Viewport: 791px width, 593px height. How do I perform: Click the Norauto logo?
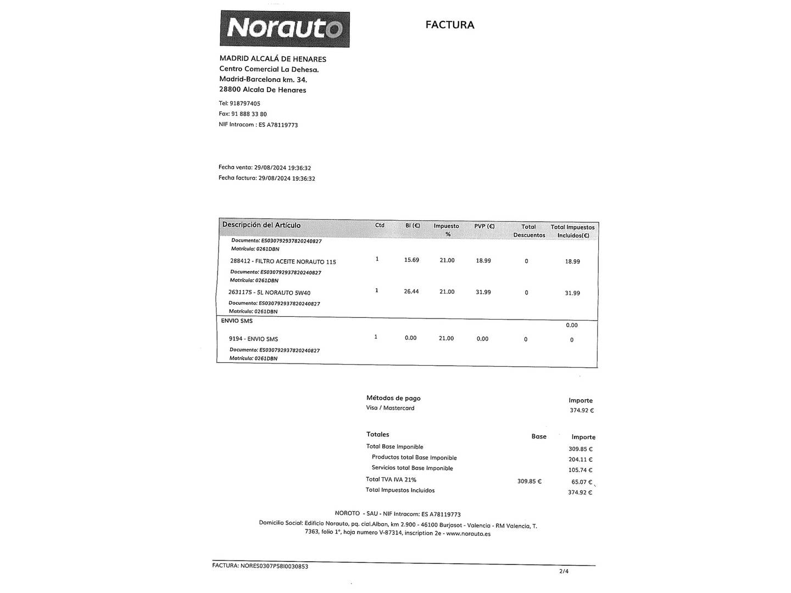tap(285, 29)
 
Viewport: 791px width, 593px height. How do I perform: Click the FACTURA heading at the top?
tap(449, 25)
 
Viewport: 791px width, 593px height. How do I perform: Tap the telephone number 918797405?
tap(245, 103)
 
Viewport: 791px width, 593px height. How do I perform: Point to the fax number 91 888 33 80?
tap(249, 114)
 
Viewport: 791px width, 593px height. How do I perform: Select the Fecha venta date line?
tap(265, 167)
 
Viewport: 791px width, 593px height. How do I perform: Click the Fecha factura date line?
tap(267, 178)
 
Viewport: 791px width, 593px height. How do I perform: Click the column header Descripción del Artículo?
tap(261, 225)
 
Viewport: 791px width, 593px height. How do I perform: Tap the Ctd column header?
tap(380, 225)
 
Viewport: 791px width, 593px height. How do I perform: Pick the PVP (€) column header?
tap(484, 226)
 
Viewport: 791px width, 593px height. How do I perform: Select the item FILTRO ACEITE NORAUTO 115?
tap(283, 262)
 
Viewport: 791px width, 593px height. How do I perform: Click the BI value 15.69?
tap(411, 260)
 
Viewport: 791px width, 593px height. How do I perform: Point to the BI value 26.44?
tap(411, 292)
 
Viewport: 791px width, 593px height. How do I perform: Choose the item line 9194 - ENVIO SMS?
tap(253, 339)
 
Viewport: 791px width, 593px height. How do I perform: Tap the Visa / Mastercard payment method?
tap(390, 408)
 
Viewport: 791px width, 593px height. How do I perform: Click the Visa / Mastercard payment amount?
tap(581, 410)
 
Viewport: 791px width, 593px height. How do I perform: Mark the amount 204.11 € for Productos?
tap(580, 460)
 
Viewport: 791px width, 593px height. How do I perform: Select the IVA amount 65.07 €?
tap(581, 482)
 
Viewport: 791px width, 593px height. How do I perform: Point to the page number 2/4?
tap(564, 571)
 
